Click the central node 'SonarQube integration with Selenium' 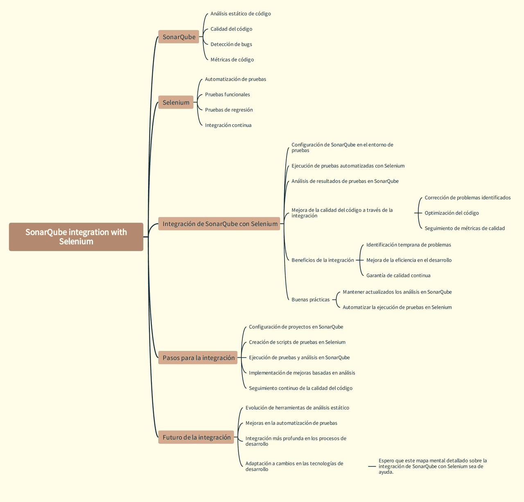click(76, 237)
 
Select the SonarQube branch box click(178, 36)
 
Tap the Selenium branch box click(176, 102)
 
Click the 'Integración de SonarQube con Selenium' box click(219, 224)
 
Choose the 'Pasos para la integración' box click(198, 357)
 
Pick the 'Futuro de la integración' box click(196, 437)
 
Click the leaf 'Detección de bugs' click(231, 44)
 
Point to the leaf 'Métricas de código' click(232, 59)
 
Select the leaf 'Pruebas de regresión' click(229, 110)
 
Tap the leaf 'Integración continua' click(228, 125)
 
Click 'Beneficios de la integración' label click(323, 260)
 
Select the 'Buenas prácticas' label click(310, 300)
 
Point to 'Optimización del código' click(452, 213)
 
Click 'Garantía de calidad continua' click(398, 276)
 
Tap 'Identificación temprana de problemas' click(409, 245)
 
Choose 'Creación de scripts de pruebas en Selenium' click(297, 342)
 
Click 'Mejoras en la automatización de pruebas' click(291, 423)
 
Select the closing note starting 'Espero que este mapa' click(433, 466)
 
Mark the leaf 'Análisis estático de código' click(241, 13)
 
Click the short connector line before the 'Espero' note click(372, 466)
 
